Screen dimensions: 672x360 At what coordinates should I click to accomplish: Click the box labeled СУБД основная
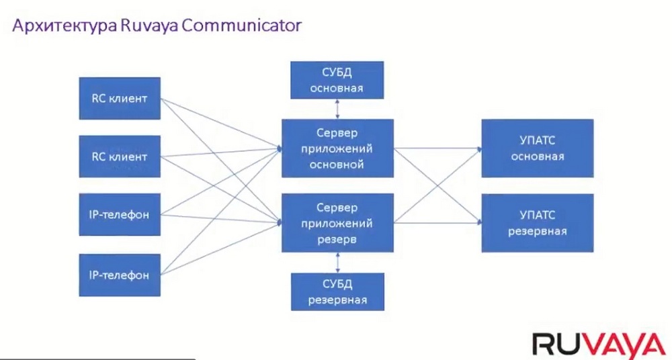click(337, 80)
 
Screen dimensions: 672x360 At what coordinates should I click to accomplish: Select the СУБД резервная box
click(338, 292)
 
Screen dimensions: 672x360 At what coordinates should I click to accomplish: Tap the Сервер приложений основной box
click(337, 148)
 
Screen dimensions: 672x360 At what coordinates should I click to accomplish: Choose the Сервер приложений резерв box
click(337, 223)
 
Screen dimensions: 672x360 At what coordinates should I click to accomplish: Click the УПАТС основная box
click(538, 148)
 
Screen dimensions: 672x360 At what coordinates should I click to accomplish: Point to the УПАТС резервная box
click(538, 223)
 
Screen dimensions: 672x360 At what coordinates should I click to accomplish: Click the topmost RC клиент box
click(120, 98)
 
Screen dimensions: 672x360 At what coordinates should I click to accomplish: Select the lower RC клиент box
click(120, 156)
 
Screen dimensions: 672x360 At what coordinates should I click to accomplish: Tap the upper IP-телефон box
click(120, 214)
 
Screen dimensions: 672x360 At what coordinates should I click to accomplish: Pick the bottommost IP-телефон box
click(120, 275)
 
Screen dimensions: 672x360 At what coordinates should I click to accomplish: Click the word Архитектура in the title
click(65, 26)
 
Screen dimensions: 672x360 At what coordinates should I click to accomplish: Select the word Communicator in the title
click(242, 26)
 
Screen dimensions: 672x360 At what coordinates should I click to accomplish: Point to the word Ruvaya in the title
click(149, 26)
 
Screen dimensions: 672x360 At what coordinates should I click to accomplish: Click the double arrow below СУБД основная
click(337, 109)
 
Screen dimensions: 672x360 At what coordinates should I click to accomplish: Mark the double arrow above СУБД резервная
click(338, 263)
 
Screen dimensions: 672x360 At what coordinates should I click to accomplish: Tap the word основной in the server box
click(337, 165)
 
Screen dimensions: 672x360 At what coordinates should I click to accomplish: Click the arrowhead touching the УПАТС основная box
click(479, 148)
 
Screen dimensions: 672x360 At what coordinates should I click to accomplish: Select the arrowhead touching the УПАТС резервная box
click(479, 222)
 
